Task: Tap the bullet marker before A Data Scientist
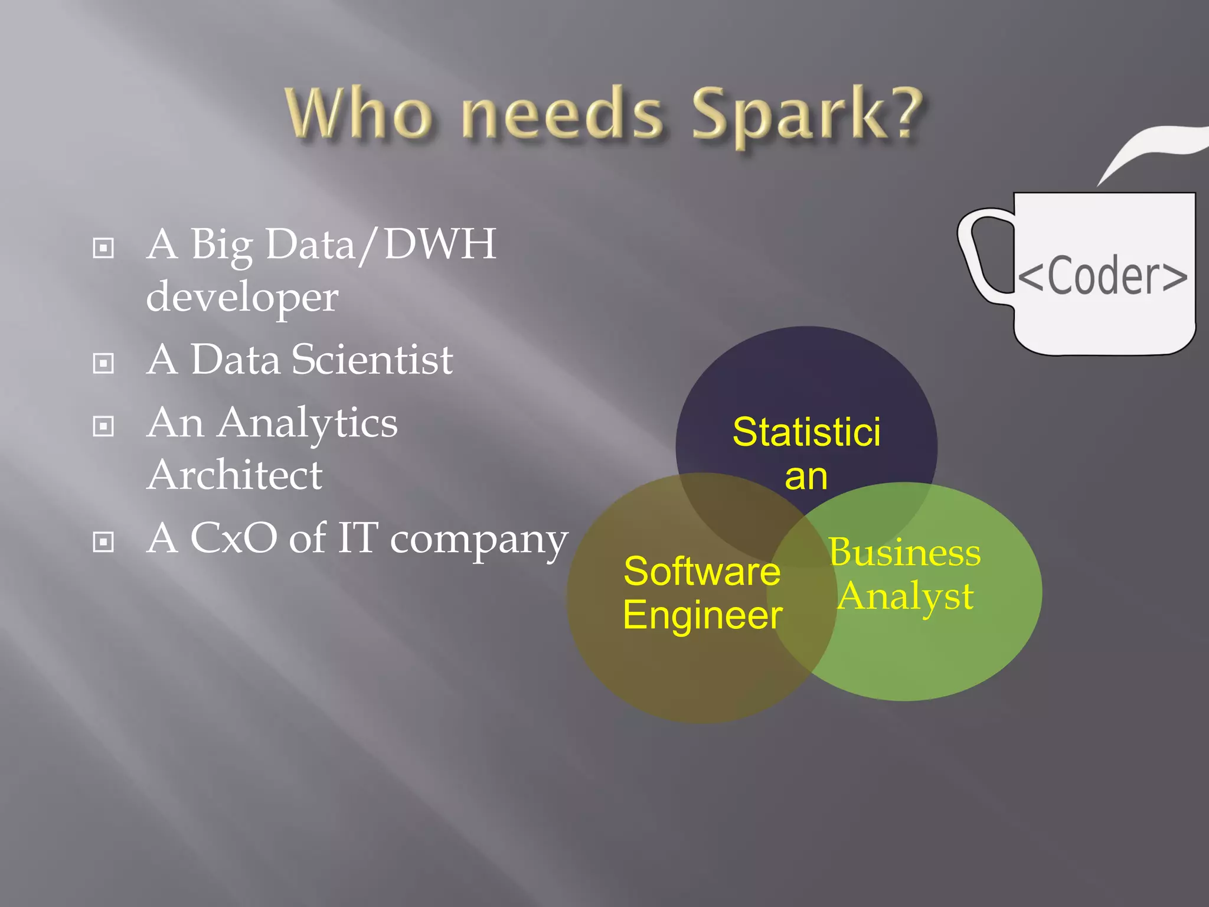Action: point(103,363)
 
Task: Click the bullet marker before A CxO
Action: point(103,541)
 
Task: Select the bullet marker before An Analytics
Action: point(103,426)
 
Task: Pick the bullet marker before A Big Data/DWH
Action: point(103,247)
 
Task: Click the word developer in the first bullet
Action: point(242,297)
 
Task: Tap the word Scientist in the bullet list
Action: point(372,360)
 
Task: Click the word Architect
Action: point(234,475)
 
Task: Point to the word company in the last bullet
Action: point(479,540)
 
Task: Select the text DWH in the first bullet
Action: point(440,244)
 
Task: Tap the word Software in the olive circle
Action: point(702,572)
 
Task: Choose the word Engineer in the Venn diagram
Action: point(702,615)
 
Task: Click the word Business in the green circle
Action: point(904,553)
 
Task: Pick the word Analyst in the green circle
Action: point(906,596)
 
